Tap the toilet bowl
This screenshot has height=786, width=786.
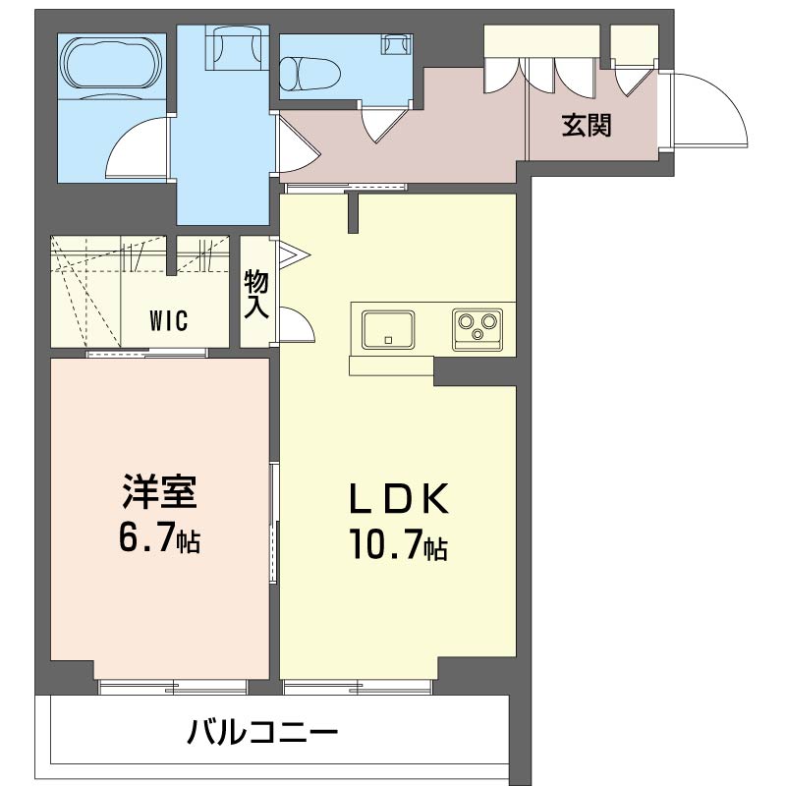click(x=307, y=72)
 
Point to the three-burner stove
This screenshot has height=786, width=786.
click(x=477, y=327)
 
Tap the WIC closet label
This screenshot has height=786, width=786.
click(x=170, y=319)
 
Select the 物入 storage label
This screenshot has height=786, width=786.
click(x=256, y=294)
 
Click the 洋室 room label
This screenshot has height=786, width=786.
click(x=161, y=491)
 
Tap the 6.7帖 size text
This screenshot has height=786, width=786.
click(x=161, y=537)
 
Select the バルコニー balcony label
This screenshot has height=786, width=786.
click(x=262, y=732)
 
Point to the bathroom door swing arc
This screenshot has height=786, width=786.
click(x=138, y=147)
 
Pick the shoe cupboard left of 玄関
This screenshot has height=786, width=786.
click(x=541, y=44)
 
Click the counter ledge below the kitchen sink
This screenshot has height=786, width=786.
click(x=391, y=365)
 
